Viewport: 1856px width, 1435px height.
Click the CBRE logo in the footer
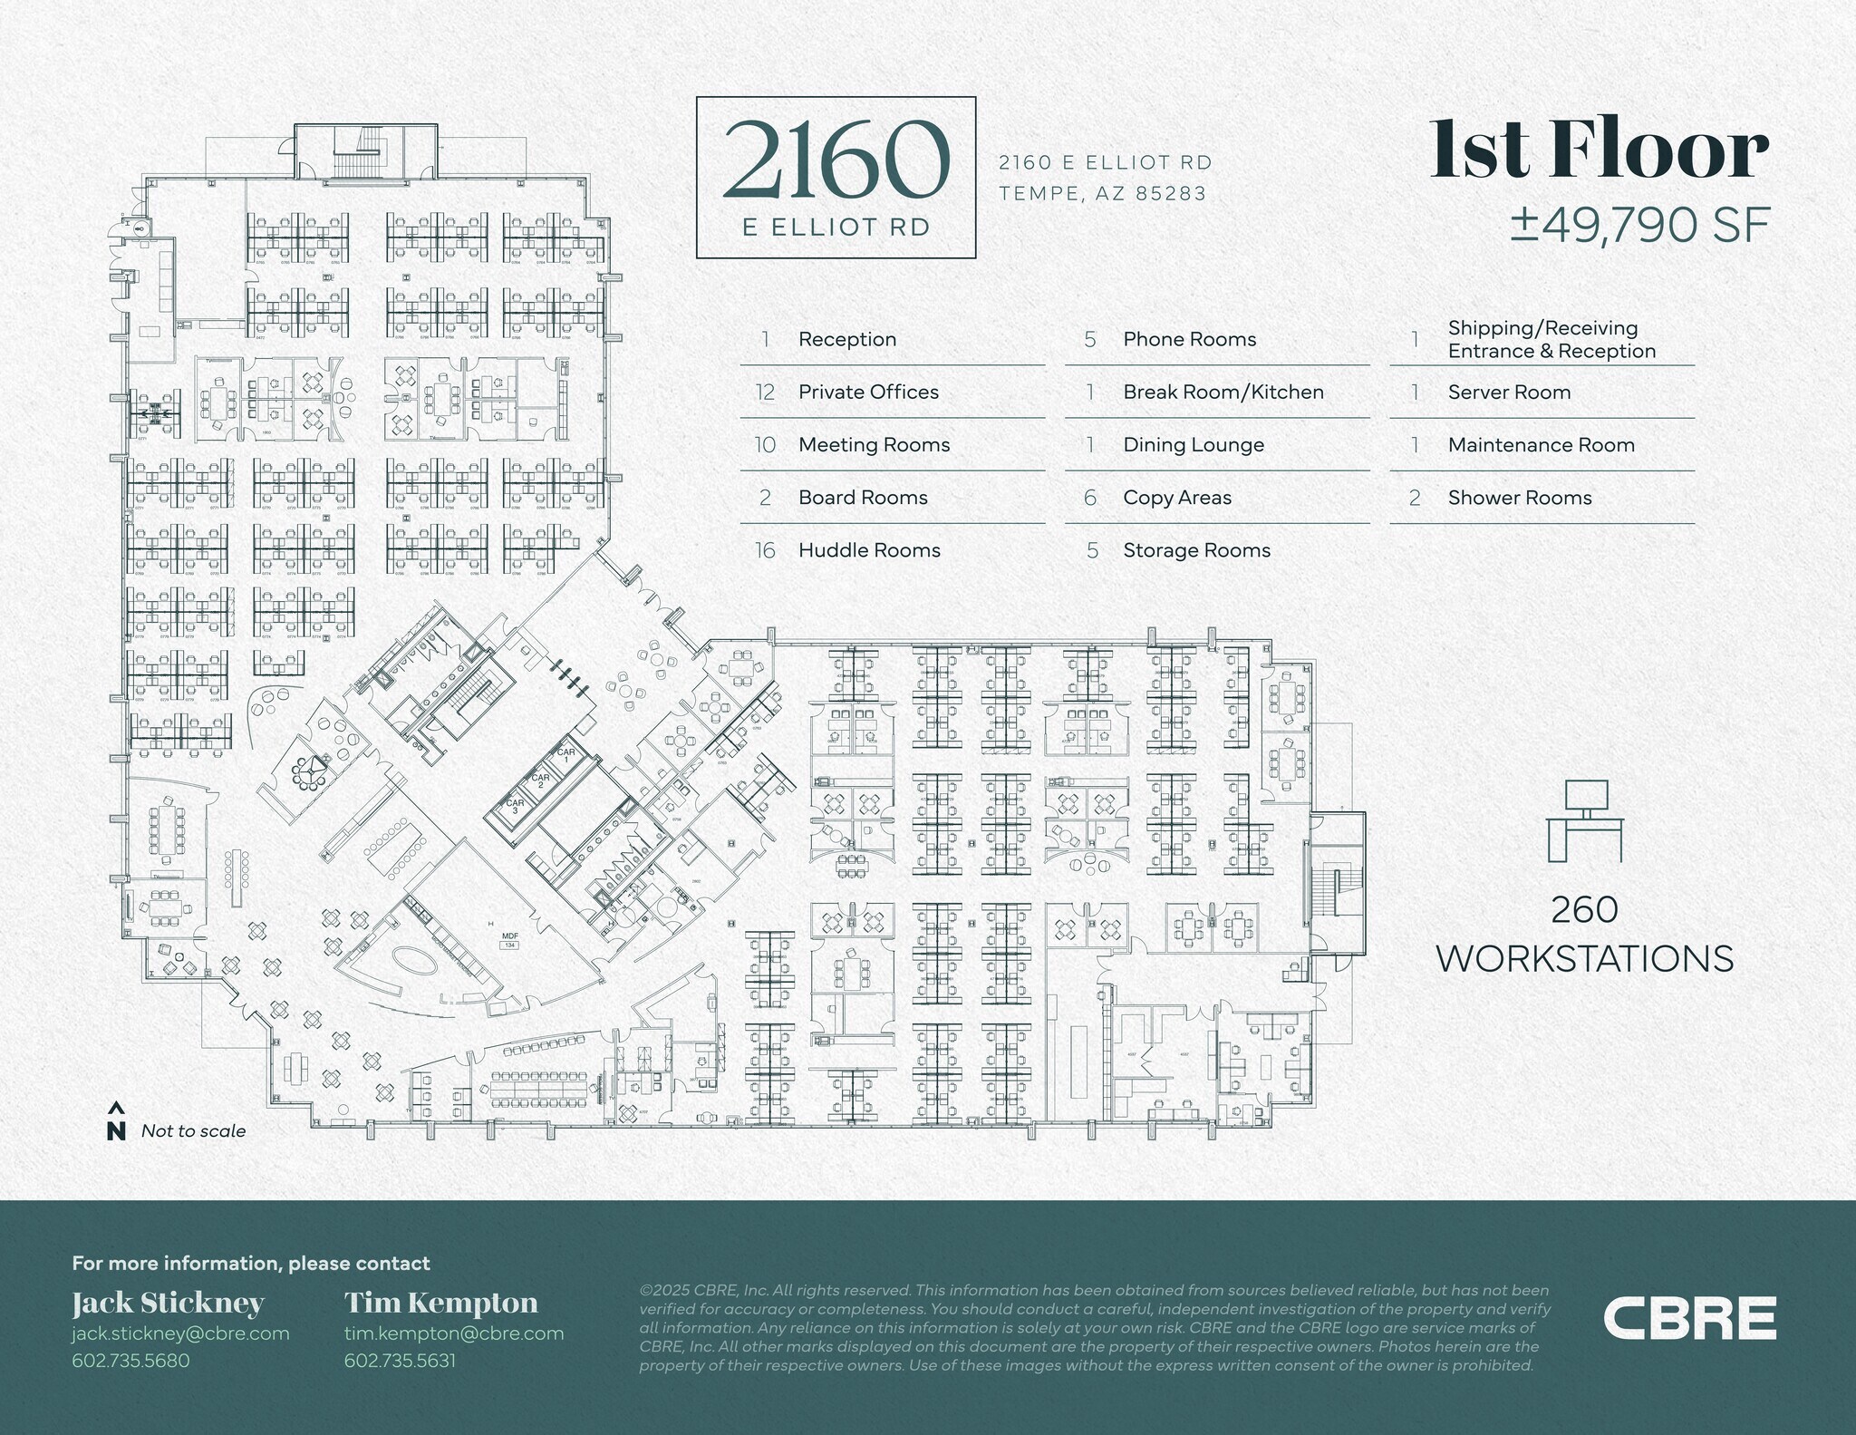click(x=1689, y=1318)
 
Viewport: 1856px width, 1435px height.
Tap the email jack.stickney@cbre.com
click(x=180, y=1333)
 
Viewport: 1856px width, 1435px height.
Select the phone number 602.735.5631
click(x=400, y=1361)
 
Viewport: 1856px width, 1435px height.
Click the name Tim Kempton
click(x=440, y=1303)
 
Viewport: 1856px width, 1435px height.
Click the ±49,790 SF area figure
click(x=1639, y=225)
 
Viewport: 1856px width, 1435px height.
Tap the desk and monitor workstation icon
click(x=1585, y=820)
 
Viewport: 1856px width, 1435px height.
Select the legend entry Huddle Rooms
click(x=869, y=550)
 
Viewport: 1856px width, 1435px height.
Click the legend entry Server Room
click(x=1509, y=393)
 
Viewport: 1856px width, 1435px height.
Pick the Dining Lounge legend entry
click(x=1194, y=445)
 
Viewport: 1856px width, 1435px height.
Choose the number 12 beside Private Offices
click(x=765, y=393)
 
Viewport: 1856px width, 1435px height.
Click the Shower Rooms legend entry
click(x=1519, y=498)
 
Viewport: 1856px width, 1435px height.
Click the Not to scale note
click(x=193, y=1131)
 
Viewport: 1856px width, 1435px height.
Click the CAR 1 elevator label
click(x=566, y=754)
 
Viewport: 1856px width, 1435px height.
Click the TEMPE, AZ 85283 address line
click(x=1102, y=193)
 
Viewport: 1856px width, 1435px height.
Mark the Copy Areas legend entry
click(x=1177, y=498)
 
